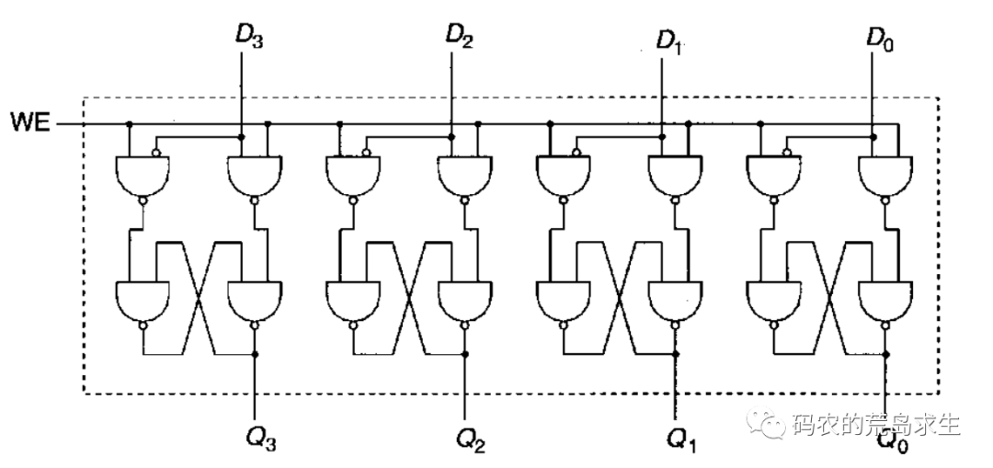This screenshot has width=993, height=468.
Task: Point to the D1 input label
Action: coord(670,41)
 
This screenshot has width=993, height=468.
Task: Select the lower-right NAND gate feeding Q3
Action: coord(255,299)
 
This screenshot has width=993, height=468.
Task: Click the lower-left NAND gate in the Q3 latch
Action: coord(143,299)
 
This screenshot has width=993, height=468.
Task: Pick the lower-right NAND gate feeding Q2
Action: coord(464,299)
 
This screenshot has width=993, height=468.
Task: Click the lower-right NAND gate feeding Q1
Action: coord(675,299)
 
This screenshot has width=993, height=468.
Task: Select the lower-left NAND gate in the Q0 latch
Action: coord(773,299)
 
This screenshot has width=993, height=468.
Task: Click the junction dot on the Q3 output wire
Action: coord(255,354)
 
